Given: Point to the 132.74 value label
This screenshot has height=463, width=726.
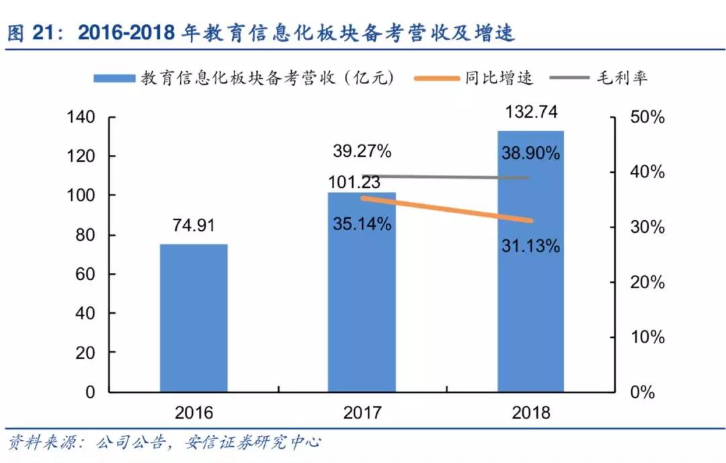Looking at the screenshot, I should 531,112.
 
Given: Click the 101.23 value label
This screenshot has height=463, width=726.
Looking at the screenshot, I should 354,182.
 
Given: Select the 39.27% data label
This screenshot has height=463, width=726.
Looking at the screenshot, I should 362,151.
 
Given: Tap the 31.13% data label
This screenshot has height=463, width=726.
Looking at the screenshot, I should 531,246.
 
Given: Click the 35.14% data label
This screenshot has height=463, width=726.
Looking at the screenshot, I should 362,224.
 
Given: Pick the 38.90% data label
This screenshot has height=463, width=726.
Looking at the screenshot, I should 531,153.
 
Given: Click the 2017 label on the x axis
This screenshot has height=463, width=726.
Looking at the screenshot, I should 362,413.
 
